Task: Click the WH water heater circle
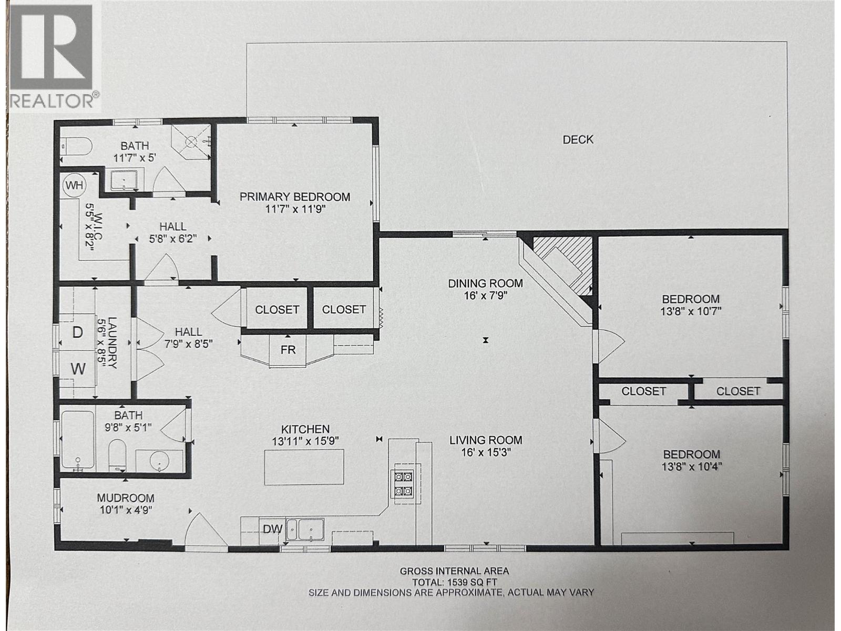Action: point(74,185)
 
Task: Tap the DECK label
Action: point(578,139)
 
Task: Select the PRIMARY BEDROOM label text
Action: point(295,197)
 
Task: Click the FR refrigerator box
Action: point(288,350)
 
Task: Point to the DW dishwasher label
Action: point(273,530)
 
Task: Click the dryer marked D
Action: point(77,333)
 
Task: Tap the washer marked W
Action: point(78,369)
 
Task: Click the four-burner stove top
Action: point(404,484)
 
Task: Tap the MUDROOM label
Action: point(126,497)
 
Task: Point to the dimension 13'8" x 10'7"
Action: point(691,311)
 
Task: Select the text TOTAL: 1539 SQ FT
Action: point(454,582)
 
